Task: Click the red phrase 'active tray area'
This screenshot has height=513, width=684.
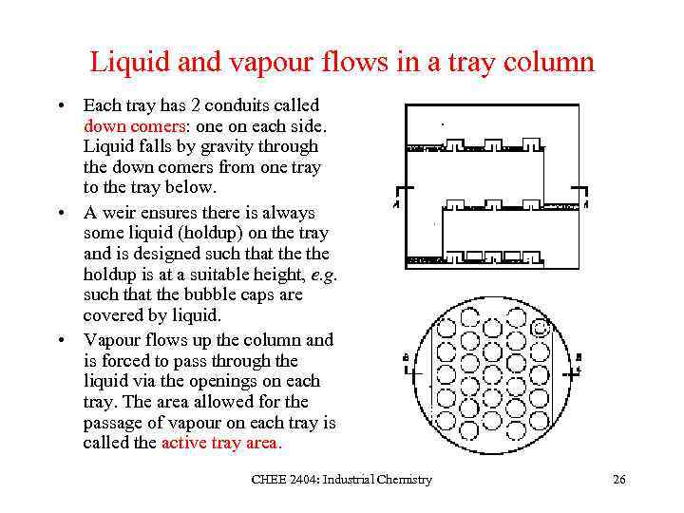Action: pos(219,444)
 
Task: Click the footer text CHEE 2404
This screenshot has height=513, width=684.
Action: pos(285,481)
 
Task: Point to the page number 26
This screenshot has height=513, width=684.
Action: pos(618,481)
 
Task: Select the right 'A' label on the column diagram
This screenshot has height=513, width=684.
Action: pos(586,204)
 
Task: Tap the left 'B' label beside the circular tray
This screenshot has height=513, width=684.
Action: pos(407,358)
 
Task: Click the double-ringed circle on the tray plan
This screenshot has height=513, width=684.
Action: pos(541,328)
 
